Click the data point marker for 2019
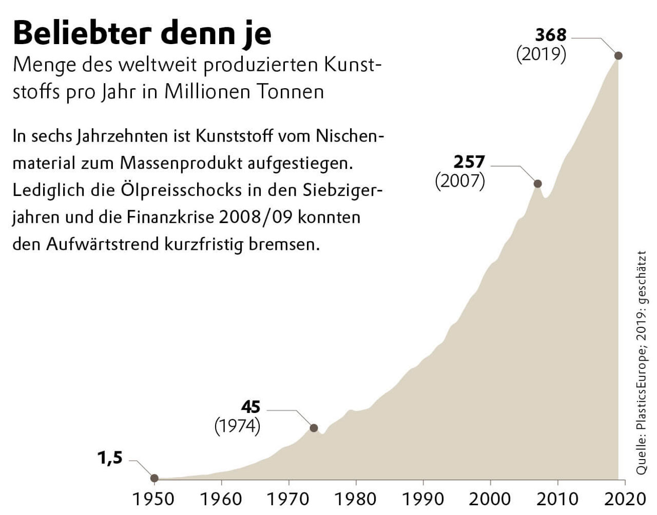618,55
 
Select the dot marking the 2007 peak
537,184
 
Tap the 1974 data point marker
314,428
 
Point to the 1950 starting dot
154,478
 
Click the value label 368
550,35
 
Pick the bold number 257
469,162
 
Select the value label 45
250,407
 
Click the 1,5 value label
110,458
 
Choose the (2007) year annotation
460,181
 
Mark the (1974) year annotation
237,426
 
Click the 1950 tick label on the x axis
154,499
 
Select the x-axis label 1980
355,499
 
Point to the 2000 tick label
490,499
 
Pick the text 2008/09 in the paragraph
256,217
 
